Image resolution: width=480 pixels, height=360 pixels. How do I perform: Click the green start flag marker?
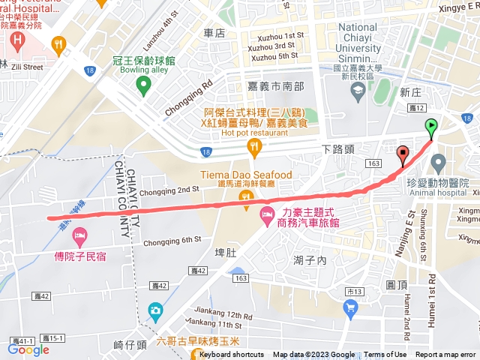[431, 127]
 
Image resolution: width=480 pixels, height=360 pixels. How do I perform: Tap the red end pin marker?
[403, 154]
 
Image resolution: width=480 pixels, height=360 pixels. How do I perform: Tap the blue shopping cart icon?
[350, 306]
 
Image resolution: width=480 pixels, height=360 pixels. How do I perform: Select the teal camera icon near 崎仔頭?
[155, 310]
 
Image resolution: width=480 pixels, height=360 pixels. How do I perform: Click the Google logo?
[28, 349]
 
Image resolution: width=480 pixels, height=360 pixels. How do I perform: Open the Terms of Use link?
[385, 355]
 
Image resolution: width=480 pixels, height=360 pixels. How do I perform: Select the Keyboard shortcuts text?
[232, 355]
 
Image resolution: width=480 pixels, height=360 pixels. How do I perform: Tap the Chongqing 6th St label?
[172, 241]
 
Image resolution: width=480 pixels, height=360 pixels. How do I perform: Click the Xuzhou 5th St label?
[274, 56]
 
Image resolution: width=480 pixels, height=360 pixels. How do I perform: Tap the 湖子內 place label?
[306, 260]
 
